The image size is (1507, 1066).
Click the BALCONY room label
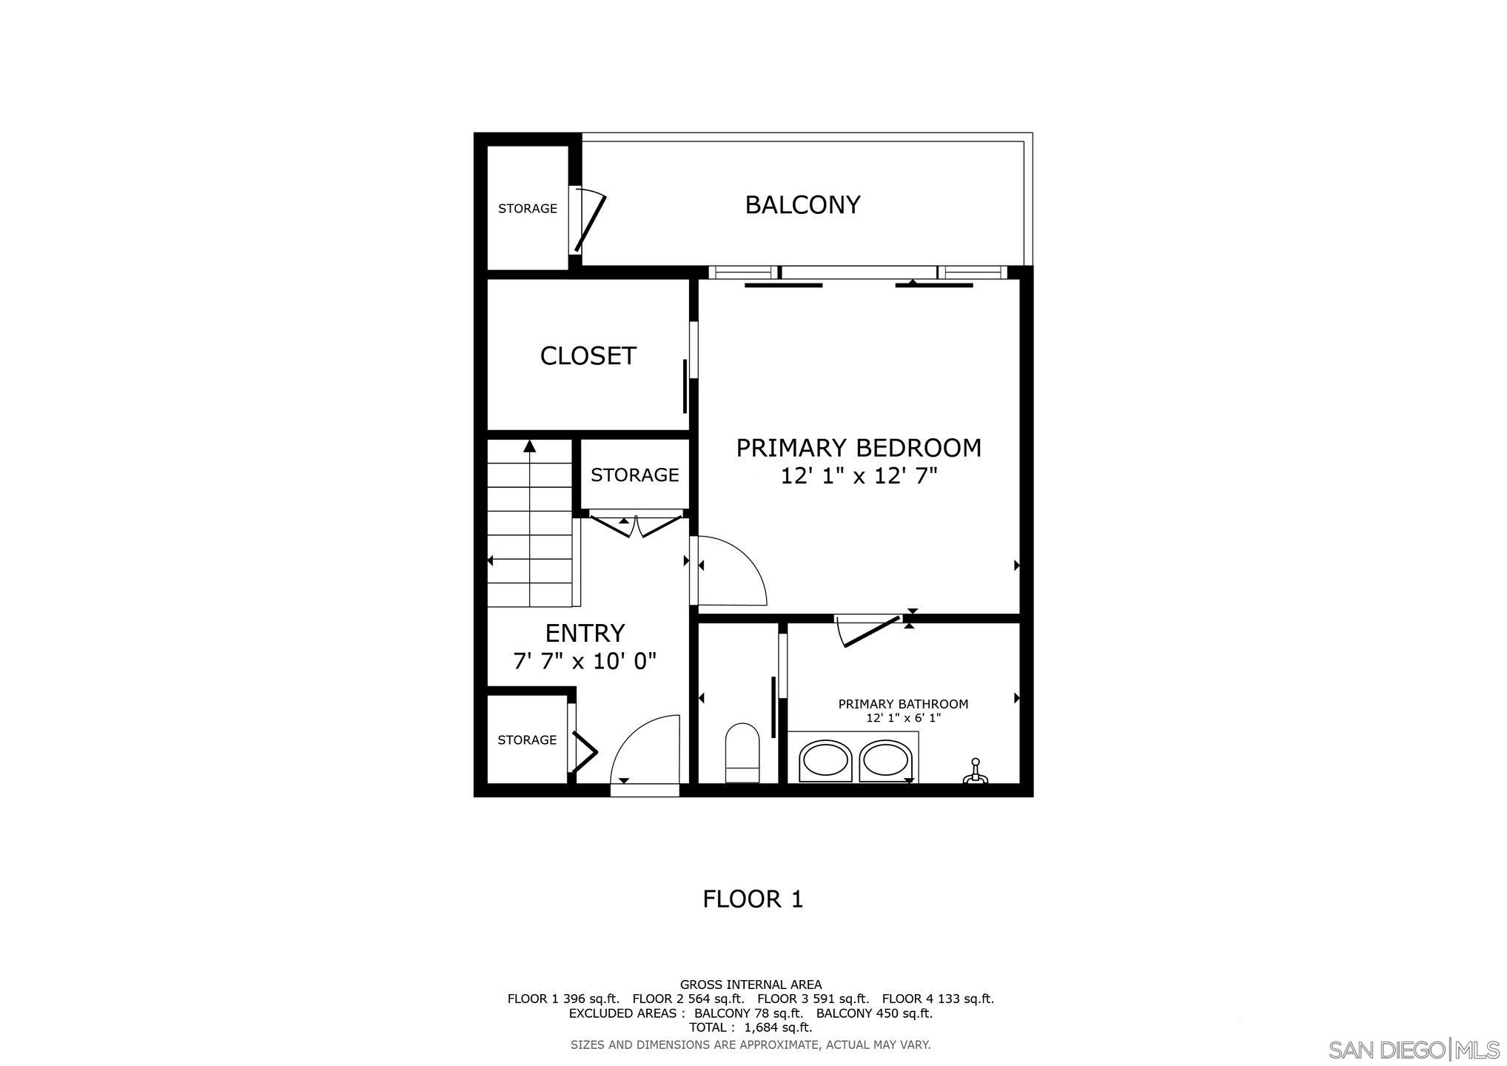(802, 205)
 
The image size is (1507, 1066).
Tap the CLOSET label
(588, 356)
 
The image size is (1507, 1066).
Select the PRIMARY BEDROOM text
(859, 448)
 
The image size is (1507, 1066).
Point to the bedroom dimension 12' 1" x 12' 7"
(859, 476)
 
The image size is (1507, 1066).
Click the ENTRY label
(585, 633)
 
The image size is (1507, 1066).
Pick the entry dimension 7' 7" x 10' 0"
(585, 661)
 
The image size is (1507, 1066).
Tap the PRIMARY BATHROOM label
(903, 704)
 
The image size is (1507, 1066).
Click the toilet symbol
(742, 753)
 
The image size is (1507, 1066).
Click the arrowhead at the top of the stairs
(529, 446)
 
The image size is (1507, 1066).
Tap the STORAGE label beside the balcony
(528, 209)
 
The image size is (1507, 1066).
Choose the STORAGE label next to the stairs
(634, 475)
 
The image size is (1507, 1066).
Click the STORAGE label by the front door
(527, 740)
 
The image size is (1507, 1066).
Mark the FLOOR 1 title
(753, 899)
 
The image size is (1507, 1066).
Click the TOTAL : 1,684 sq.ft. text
(751, 1028)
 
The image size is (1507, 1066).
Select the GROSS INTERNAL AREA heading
(751, 985)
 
